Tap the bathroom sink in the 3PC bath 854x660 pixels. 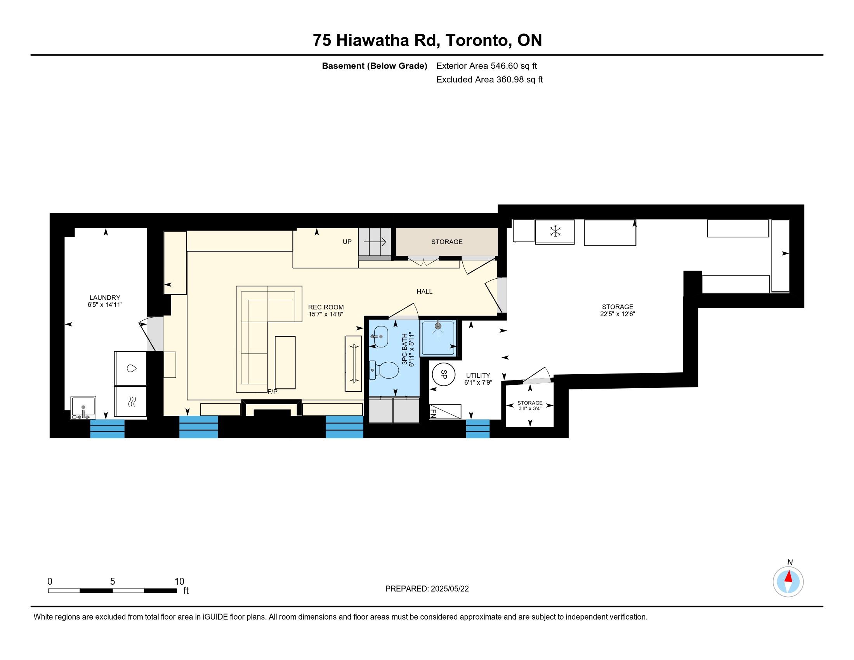coord(379,336)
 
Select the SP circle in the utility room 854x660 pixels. coord(443,374)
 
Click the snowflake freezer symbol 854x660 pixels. coord(555,231)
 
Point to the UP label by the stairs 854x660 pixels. coord(347,241)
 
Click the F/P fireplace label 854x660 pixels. coord(272,391)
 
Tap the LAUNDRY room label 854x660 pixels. coord(105,297)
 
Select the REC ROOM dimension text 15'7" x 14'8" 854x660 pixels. coord(326,314)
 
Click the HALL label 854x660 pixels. coord(424,291)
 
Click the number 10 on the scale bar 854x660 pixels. coord(179,582)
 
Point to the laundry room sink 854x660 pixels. coord(83,408)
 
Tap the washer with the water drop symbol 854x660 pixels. coord(130,368)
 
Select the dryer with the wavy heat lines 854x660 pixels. coord(130,401)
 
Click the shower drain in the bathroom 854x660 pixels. coord(438,325)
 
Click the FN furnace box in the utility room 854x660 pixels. coord(445,412)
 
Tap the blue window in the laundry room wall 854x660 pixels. coord(107,429)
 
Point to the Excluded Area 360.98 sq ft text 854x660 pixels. coord(489,80)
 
